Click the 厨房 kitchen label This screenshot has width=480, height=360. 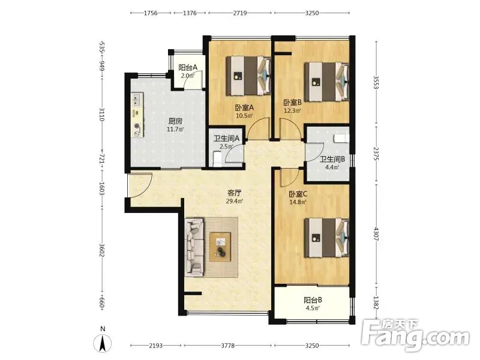click(x=175, y=121)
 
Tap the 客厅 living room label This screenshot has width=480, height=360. click(x=235, y=193)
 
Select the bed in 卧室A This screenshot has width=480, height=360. click(x=248, y=76)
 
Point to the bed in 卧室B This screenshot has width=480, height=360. click(x=326, y=82)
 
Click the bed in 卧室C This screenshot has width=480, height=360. click(x=326, y=238)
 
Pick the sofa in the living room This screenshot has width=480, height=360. click(x=194, y=247)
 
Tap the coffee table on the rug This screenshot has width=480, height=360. click(x=220, y=247)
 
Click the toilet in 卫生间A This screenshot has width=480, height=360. click(x=217, y=160)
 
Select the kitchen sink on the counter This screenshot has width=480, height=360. click(x=137, y=100)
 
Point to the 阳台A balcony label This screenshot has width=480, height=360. click(x=188, y=68)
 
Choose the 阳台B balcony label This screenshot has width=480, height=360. click(x=313, y=300)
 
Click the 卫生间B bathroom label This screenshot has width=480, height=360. click(x=332, y=159)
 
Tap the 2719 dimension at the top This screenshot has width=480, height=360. click(x=240, y=13)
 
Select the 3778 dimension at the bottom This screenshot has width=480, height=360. click(x=228, y=346)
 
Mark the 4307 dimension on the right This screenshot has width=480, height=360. click(x=377, y=233)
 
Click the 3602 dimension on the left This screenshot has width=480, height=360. click(x=102, y=251)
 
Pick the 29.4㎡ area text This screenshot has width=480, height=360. click(x=235, y=201)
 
